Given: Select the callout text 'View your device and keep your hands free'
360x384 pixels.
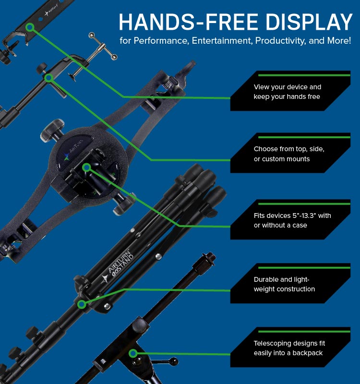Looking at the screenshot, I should (x=287, y=92).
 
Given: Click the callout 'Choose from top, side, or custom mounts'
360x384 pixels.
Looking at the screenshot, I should (x=288, y=154).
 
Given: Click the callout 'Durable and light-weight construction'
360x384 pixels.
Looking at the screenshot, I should (x=284, y=284).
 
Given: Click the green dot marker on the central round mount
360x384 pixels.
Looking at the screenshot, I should (x=86, y=167).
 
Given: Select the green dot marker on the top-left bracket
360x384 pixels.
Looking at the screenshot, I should (x=30, y=28).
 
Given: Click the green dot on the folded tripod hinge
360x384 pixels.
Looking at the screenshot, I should (x=82, y=304).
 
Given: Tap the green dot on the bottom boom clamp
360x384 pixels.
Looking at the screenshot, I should (x=133, y=353).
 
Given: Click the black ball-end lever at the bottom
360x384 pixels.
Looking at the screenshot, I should (x=173, y=360).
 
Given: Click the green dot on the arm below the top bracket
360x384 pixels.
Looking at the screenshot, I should (x=48, y=77).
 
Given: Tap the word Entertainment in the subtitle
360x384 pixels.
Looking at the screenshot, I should (x=221, y=41).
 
